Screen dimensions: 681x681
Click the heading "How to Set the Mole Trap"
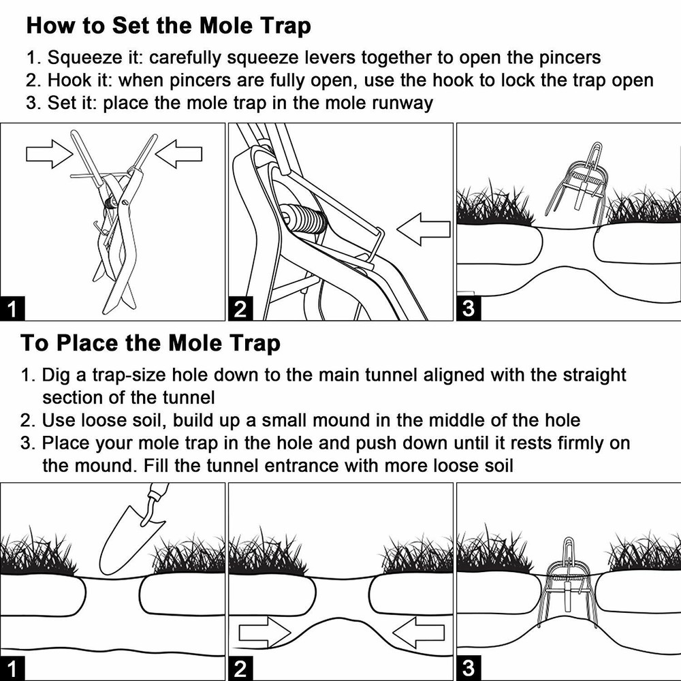[168, 26]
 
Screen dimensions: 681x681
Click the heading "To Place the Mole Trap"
[150, 342]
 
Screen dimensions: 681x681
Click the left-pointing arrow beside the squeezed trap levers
[179, 153]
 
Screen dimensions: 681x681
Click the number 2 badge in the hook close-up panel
[240, 309]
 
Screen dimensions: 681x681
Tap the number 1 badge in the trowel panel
[11, 669]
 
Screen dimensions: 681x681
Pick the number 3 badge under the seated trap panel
[468, 669]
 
